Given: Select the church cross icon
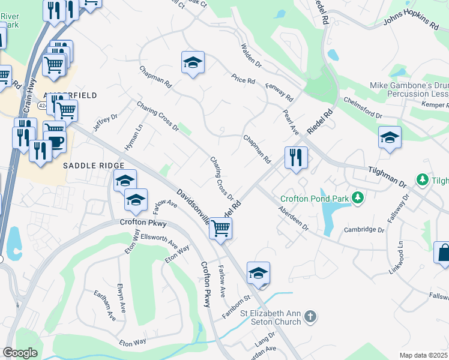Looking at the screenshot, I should (x=310, y=316).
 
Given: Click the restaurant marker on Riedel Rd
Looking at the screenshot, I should (x=296, y=158).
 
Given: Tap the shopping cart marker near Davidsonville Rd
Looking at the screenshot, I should (x=221, y=229).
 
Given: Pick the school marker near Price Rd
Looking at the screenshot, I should (x=193, y=63).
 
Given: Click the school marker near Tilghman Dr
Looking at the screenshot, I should (x=390, y=138).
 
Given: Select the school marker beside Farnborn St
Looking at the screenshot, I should (x=258, y=274).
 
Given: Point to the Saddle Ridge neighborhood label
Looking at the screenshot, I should (x=94, y=165).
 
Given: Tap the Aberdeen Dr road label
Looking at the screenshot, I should (x=293, y=219).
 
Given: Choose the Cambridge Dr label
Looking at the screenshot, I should (x=364, y=230).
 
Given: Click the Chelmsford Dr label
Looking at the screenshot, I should (x=363, y=107).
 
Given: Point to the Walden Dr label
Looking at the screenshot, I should (x=251, y=55).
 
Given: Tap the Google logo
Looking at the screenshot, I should (x=20, y=353).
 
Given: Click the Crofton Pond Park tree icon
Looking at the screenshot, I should (x=358, y=197).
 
